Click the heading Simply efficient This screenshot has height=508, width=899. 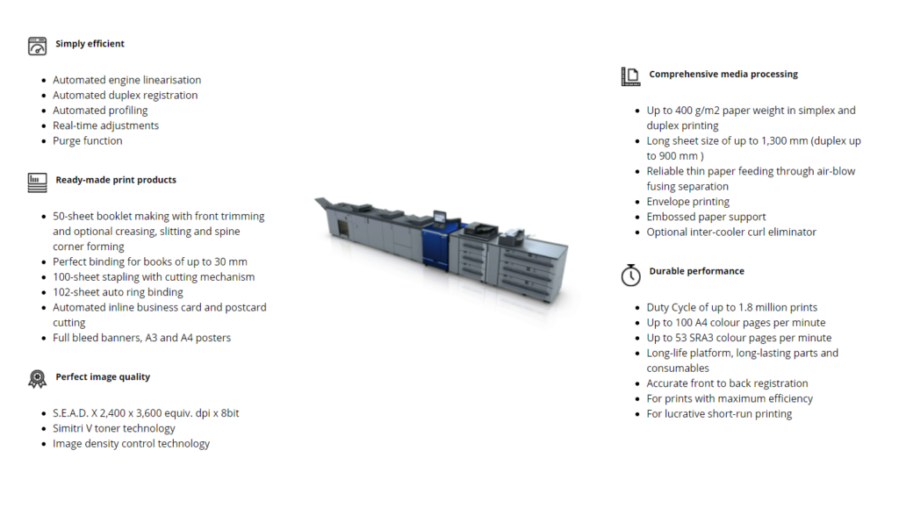click(x=90, y=44)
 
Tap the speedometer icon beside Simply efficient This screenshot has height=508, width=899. click(x=37, y=46)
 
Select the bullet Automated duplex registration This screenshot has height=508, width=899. click(x=125, y=95)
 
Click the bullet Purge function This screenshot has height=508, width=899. click(x=87, y=141)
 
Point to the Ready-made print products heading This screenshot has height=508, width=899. click(x=116, y=180)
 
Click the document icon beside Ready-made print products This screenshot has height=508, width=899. click(x=37, y=182)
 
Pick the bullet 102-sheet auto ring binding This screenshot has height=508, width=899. click(x=118, y=292)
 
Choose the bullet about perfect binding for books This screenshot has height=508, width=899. click(x=149, y=261)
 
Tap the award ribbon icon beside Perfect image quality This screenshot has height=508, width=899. click(x=37, y=379)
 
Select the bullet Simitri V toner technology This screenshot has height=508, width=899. click(x=113, y=428)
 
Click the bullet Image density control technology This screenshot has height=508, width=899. click(x=131, y=444)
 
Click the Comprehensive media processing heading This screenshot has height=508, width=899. click(x=723, y=74)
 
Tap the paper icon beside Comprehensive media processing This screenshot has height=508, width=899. click(x=630, y=76)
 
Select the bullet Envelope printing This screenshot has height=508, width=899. click(x=688, y=202)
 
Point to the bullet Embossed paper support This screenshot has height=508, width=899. click(x=706, y=217)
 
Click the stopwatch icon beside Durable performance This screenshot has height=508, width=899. click(x=630, y=275)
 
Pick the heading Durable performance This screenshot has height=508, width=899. click(x=696, y=271)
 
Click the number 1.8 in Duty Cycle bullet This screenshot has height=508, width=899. click(x=745, y=308)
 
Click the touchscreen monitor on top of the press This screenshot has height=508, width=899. click(x=439, y=218)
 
